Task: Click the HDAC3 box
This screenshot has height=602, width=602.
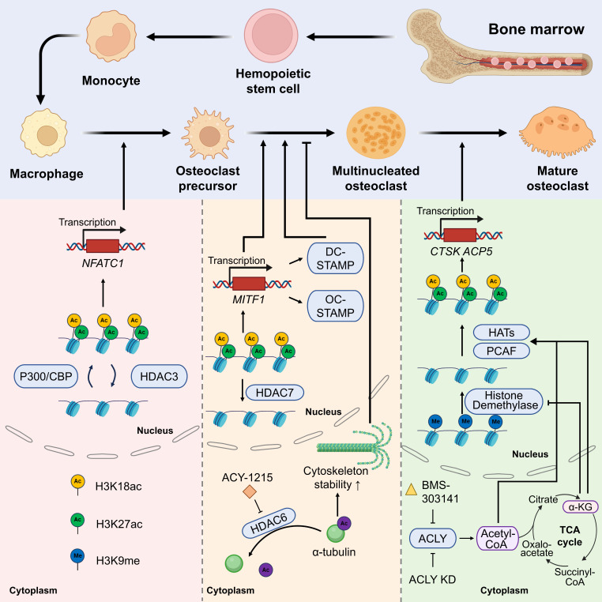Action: click(x=160, y=376)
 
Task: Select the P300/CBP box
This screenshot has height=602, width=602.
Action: click(x=46, y=376)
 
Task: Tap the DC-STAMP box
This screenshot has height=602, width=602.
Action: click(x=335, y=258)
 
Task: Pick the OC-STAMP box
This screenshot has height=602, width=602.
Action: click(x=335, y=306)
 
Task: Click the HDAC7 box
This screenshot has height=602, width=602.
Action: click(x=274, y=393)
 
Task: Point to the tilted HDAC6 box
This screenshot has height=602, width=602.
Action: click(x=269, y=523)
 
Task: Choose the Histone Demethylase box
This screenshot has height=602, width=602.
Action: click(x=504, y=401)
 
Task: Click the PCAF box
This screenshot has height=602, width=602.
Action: click(x=502, y=351)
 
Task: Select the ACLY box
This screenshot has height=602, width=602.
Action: click(x=433, y=538)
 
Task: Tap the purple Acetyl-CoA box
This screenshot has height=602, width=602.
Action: click(x=497, y=538)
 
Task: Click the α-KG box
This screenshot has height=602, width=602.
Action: click(x=580, y=506)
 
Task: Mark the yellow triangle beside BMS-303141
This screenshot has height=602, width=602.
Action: click(x=411, y=490)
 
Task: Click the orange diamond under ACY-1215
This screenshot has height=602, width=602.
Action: click(x=250, y=491)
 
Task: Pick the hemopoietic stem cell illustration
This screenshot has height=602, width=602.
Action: click(x=271, y=36)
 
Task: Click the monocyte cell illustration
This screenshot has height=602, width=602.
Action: click(x=111, y=36)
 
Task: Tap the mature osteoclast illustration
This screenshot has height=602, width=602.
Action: click(x=556, y=133)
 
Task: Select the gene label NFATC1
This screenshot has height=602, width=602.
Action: click(x=103, y=263)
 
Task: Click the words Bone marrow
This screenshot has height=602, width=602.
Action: click(x=536, y=29)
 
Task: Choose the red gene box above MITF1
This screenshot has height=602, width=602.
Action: click(x=249, y=284)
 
